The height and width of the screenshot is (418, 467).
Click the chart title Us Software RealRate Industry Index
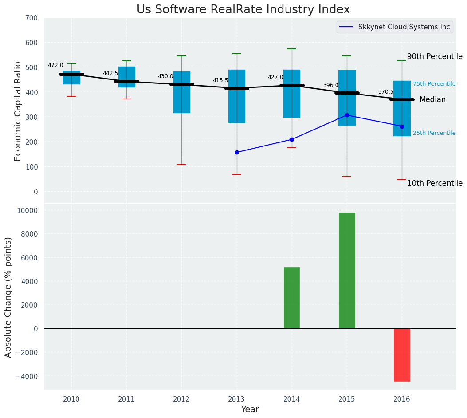click(x=243, y=10)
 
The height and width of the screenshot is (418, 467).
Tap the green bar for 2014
click(x=292, y=298)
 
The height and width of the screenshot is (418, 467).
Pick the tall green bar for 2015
click(x=347, y=271)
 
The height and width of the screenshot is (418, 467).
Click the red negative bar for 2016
click(x=402, y=355)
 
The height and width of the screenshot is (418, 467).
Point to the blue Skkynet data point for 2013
click(x=237, y=152)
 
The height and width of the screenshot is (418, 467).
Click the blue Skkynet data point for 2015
click(x=347, y=115)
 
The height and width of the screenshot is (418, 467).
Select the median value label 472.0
click(x=55, y=65)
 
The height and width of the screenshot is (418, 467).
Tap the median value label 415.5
click(x=220, y=80)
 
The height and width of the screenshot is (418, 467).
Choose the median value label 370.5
click(x=386, y=92)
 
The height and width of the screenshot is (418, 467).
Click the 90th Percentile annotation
click(x=435, y=56)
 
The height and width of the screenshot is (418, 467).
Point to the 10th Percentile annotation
click(x=435, y=183)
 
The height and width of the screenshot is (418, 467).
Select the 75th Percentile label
click(x=434, y=84)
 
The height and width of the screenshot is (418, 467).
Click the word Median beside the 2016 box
click(x=432, y=100)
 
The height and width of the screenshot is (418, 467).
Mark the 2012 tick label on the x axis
click(x=181, y=399)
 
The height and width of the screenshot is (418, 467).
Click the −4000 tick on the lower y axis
click(x=27, y=376)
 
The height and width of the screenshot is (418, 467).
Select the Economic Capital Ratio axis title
click(x=18, y=111)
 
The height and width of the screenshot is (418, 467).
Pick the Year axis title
click(x=250, y=410)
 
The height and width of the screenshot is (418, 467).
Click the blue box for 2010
click(x=71, y=78)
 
